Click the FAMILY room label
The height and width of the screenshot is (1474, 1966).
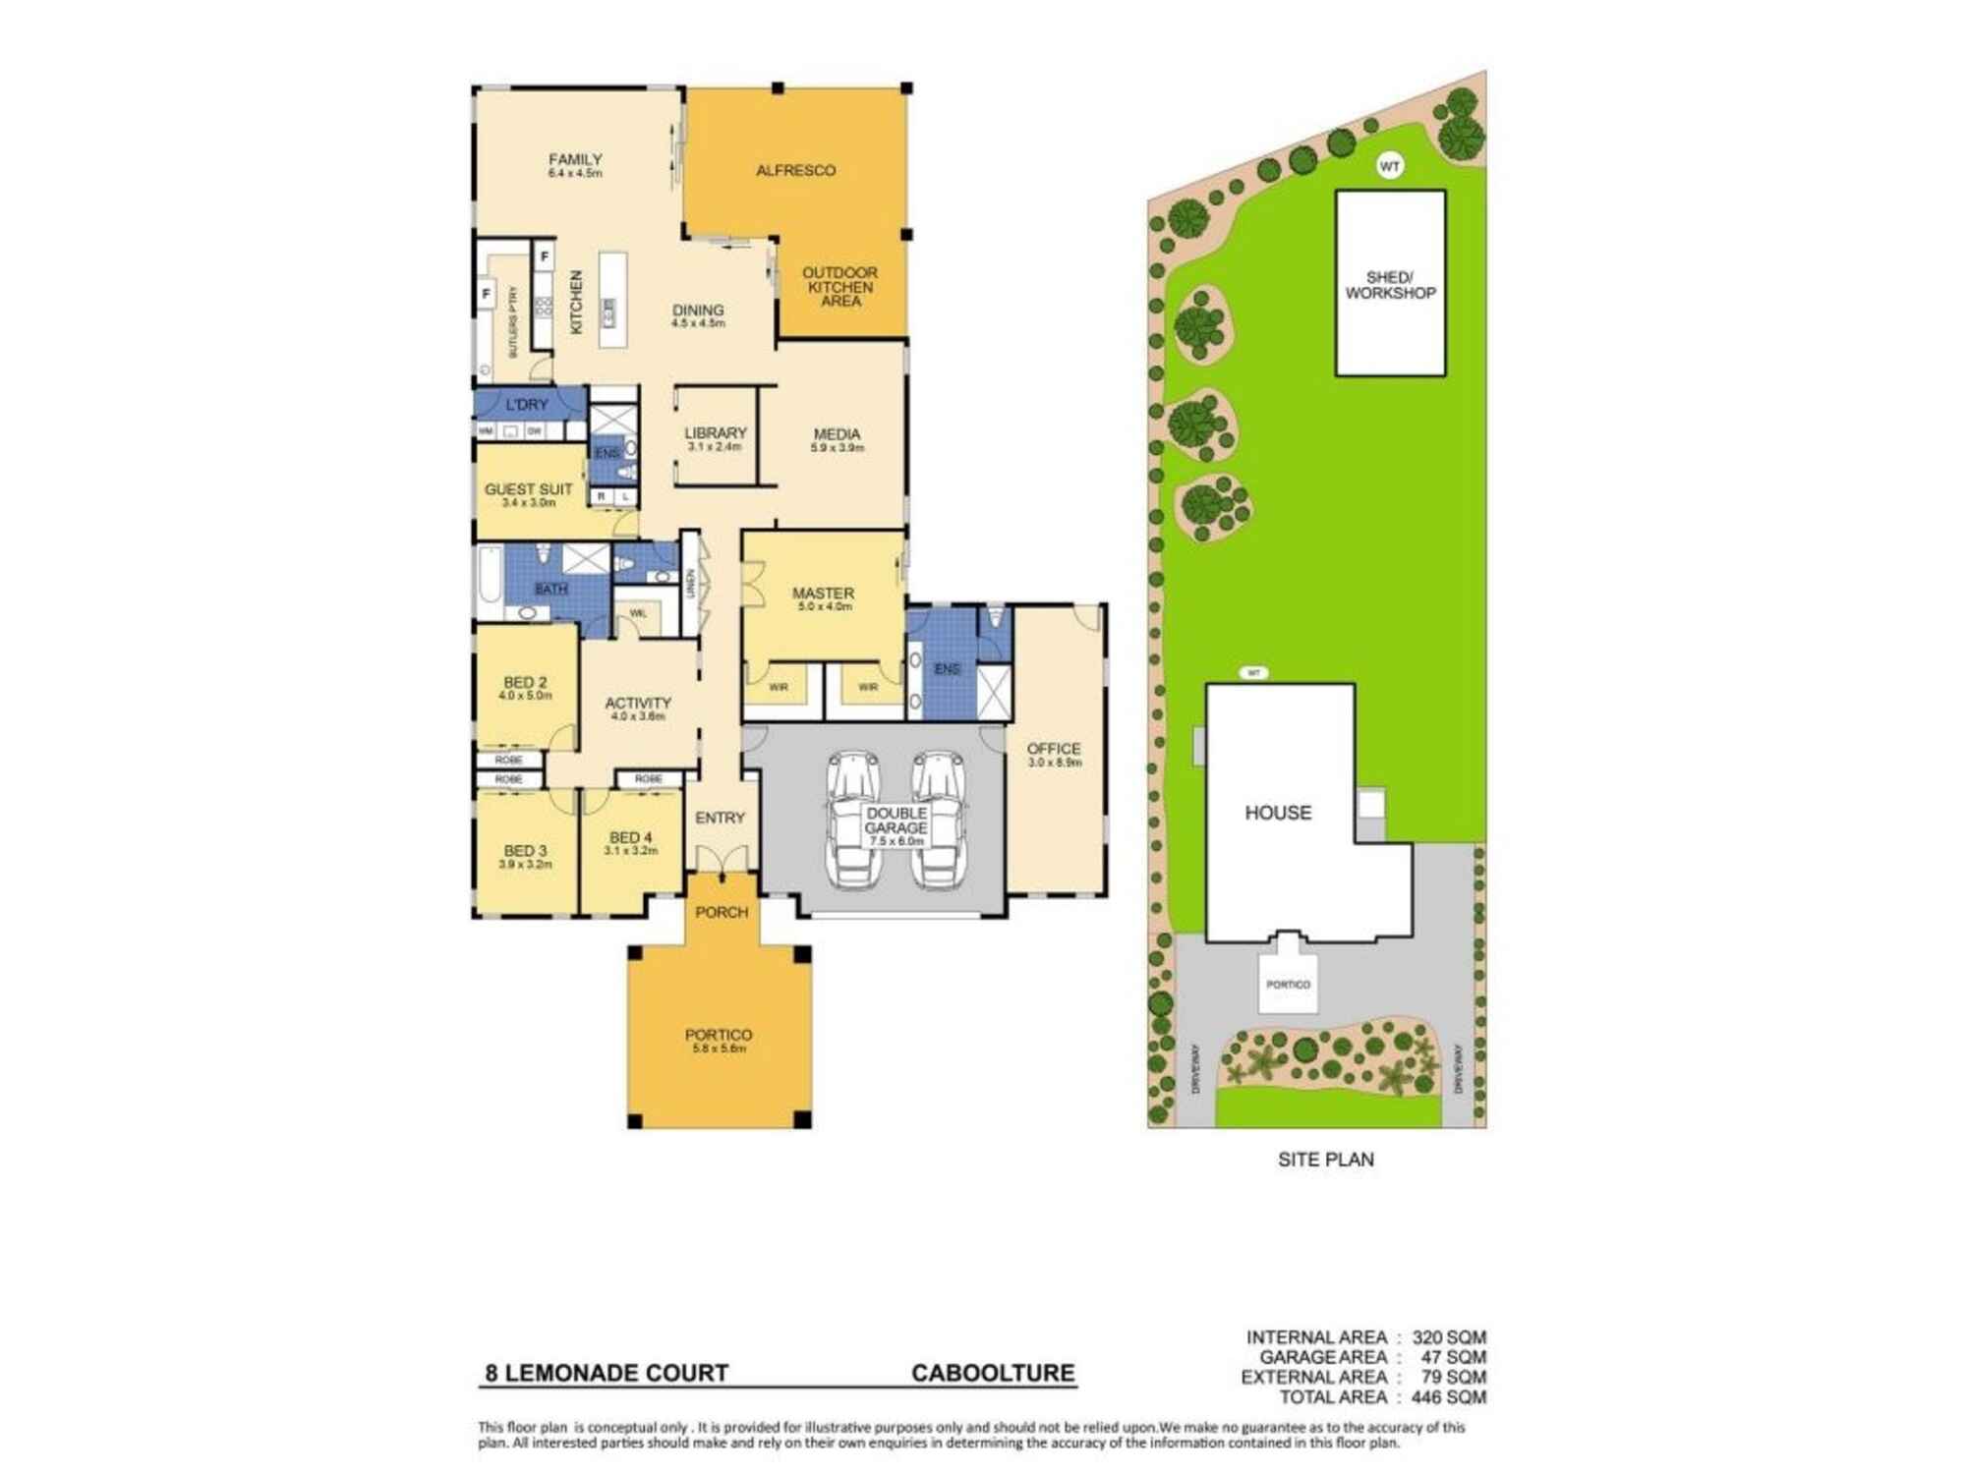(575, 160)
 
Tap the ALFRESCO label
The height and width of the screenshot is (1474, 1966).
(795, 171)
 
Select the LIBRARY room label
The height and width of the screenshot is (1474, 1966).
(715, 433)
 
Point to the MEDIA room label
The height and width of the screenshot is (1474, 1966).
(837, 434)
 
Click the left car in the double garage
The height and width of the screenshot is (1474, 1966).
(853, 820)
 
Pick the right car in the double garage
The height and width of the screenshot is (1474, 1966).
(940, 820)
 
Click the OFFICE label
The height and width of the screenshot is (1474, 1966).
(1054, 749)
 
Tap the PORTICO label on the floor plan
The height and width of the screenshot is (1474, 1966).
(719, 1035)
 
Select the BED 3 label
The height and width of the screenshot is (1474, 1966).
(525, 851)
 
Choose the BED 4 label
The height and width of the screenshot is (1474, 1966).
(630, 838)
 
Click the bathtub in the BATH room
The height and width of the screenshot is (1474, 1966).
(489, 580)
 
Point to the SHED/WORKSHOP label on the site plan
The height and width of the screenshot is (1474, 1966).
(1390, 285)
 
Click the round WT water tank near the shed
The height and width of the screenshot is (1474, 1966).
(1389, 166)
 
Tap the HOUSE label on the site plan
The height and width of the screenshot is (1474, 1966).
(1278, 813)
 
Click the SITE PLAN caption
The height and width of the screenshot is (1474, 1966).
(1325, 1160)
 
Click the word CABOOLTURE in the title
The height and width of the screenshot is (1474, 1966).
(993, 1373)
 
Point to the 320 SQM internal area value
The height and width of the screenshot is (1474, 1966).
(1448, 1337)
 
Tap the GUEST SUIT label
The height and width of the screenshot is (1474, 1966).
(528, 489)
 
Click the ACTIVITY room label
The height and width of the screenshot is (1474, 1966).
(638, 704)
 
